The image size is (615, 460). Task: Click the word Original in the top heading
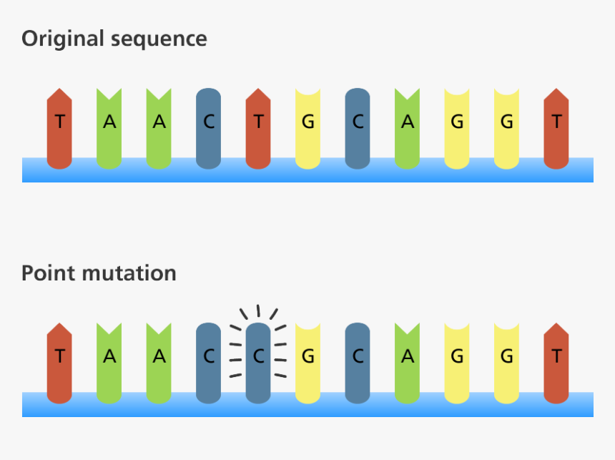tap(63, 38)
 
